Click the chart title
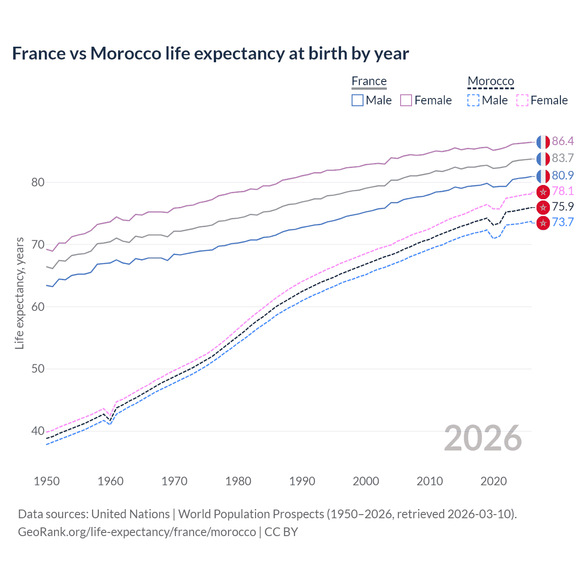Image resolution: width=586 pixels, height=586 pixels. (x=211, y=54)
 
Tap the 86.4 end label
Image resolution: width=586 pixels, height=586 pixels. (x=563, y=141)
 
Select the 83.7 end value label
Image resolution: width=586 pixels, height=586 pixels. (x=563, y=158)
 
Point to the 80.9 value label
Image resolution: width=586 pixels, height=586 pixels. (x=563, y=175)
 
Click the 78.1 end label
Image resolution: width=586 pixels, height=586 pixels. (x=563, y=191)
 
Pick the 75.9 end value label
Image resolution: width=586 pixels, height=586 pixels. (x=563, y=206)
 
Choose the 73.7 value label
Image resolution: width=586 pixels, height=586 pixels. (x=563, y=222)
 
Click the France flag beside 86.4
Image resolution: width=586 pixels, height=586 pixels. (x=543, y=142)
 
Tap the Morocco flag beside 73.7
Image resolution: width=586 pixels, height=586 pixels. (x=543, y=223)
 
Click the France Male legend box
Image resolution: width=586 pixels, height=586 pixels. (x=358, y=100)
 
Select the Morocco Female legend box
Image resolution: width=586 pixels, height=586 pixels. (x=522, y=100)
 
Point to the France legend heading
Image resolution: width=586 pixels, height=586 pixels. (x=369, y=81)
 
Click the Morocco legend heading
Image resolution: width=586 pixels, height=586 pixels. (x=491, y=81)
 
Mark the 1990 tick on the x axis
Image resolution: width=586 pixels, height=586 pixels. (x=302, y=481)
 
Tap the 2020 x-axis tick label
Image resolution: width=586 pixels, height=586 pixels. (x=494, y=481)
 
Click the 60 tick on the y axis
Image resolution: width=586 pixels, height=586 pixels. (x=38, y=307)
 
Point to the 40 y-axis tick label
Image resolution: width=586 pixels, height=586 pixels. (x=38, y=431)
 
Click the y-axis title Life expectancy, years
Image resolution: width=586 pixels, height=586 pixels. (x=19, y=293)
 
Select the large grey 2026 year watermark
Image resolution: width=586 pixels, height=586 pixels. (x=483, y=439)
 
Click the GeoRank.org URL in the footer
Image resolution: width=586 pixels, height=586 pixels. (x=137, y=532)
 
